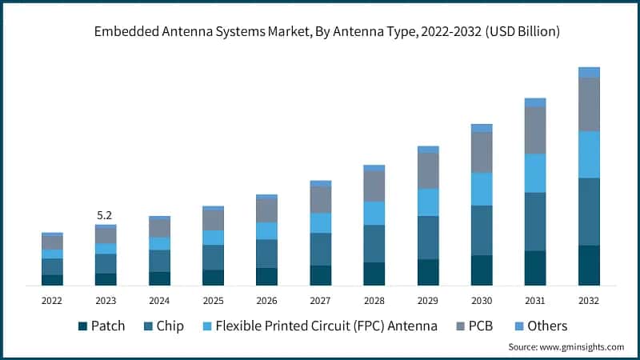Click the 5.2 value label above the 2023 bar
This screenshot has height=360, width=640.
pyautogui.click(x=105, y=215)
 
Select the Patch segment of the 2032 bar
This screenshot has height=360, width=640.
pyautogui.click(x=589, y=265)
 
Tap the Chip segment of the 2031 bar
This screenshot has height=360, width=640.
pyautogui.click(x=535, y=222)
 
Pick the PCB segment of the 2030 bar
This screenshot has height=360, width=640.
pyautogui.click(x=482, y=152)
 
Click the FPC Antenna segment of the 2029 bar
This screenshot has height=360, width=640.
pyautogui.click(x=428, y=202)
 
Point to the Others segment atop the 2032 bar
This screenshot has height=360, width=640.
pyautogui.click(x=589, y=72)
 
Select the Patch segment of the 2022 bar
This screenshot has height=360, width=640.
pyautogui.click(x=52, y=280)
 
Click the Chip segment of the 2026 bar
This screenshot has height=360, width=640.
pyautogui.click(x=266, y=254)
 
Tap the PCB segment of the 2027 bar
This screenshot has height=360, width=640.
pyautogui.click(x=320, y=199)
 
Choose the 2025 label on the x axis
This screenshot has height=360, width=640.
pyautogui.click(x=213, y=301)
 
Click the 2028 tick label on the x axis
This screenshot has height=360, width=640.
pyautogui.click(x=374, y=301)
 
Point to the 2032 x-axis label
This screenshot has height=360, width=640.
pyautogui.click(x=588, y=301)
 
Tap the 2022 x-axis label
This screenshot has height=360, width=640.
pyautogui.click(x=52, y=301)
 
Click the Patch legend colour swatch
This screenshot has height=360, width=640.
pyautogui.click(x=82, y=326)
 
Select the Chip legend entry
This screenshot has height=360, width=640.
pyautogui.click(x=163, y=326)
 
